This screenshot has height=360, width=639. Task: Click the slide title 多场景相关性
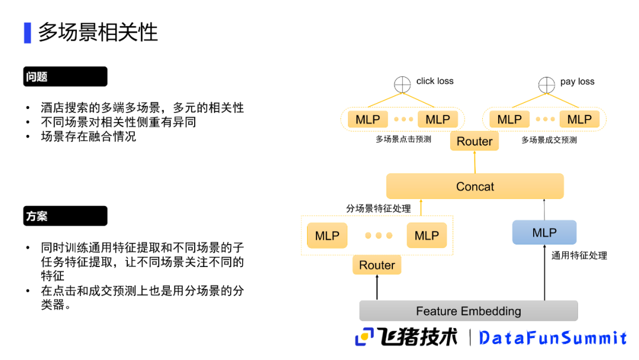pos(98,32)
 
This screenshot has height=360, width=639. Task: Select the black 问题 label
pos(65,76)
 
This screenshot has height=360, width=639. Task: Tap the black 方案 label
pos(65,216)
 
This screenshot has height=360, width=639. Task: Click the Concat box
pos(475,187)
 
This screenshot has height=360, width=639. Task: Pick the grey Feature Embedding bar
pos(468,311)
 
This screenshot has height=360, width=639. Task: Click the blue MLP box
pos(544,233)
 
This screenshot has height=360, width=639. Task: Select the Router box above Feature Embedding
pos(377,265)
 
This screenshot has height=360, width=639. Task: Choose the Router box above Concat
pos(475,142)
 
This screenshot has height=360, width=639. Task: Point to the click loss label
pos(435,81)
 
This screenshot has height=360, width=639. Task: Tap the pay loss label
pos(577,82)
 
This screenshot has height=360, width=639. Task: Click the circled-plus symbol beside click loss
pos(402,85)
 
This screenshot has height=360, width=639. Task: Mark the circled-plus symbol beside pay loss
pos(546,85)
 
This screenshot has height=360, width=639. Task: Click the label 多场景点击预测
pos(403,140)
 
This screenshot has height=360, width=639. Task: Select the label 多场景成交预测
pos(548,140)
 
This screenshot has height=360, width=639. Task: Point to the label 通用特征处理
pos(579,255)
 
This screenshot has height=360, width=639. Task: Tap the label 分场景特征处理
pos(378,208)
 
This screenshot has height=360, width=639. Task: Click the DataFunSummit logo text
pos(553,338)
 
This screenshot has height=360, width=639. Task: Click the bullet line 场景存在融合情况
pos(88,136)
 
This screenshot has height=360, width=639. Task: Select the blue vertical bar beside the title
pos(27,33)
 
